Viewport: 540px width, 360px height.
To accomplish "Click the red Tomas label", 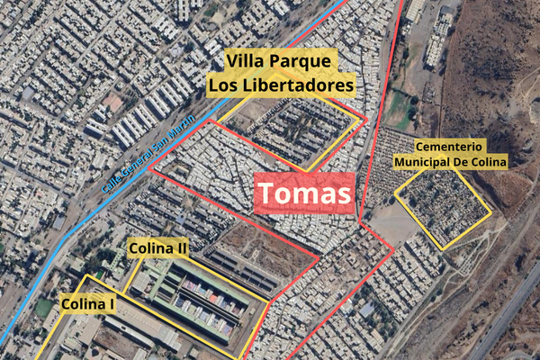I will pyautogui.click(x=304, y=193).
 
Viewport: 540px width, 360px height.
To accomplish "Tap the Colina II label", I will pyautogui.click(x=158, y=247).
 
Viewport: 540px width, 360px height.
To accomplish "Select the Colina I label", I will pyautogui.click(x=87, y=304).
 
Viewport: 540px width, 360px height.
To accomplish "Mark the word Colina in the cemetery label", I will pyautogui.click(x=491, y=161).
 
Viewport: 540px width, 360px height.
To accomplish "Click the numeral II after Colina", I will pyautogui.click(x=181, y=247).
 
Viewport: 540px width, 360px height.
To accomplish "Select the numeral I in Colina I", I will pyautogui.click(x=111, y=304).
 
